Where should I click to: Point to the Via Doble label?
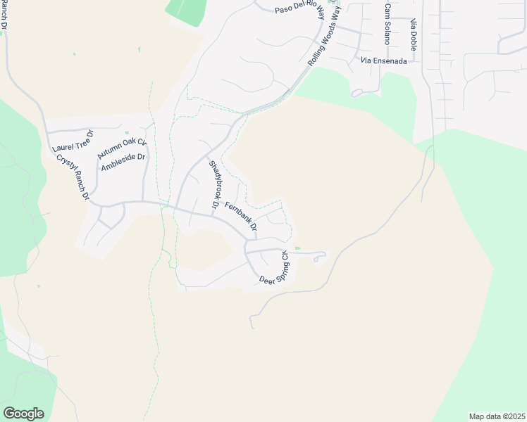click(x=414, y=32)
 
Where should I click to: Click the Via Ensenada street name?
click(x=383, y=61)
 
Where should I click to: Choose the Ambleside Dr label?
click(x=123, y=162)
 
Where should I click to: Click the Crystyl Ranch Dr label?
click(x=73, y=177)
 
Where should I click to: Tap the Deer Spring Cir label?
click(x=275, y=269)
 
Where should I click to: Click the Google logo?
click(x=23, y=414)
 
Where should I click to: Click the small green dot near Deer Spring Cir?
click(x=297, y=248)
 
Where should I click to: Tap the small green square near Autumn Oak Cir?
click(x=127, y=132)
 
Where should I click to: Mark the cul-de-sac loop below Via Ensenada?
click(x=357, y=92)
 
